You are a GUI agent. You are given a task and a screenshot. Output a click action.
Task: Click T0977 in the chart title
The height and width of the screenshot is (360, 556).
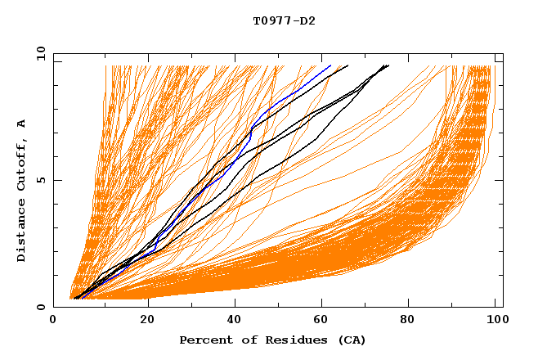pyautogui.click(x=271, y=20)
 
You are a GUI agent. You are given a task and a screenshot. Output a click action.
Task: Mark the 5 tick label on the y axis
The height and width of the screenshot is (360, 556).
pyautogui.click(x=40, y=180)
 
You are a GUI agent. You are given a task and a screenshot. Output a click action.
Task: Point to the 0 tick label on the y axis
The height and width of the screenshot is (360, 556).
pyautogui.click(x=40, y=308)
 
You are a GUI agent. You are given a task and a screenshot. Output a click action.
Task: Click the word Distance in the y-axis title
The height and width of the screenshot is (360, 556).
pyautogui.click(x=22, y=232)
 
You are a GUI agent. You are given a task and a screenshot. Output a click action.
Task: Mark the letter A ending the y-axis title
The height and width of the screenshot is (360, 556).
pyautogui.click(x=22, y=123)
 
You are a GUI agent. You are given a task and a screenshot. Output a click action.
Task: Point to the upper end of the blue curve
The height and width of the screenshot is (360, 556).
pyautogui.click(x=330, y=65)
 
